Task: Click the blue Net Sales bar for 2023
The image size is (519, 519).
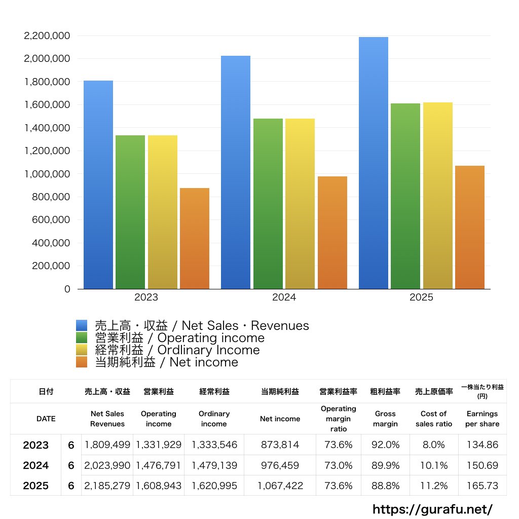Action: tap(98, 185)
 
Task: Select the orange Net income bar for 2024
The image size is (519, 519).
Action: tap(332, 233)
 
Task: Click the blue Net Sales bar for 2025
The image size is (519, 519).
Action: tap(374, 163)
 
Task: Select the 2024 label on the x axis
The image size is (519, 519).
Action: tap(284, 298)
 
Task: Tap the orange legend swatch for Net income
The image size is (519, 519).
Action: tap(82, 362)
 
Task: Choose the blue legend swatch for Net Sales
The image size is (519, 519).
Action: tap(82, 325)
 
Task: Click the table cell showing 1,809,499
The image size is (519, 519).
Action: tap(107, 445)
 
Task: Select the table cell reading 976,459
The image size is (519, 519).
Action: tap(280, 465)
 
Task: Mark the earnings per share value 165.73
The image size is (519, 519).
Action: tap(482, 486)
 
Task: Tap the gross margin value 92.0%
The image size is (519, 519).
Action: tap(385, 445)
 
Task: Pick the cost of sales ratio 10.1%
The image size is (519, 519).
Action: tap(433, 465)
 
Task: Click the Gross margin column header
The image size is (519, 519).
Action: tap(385, 419)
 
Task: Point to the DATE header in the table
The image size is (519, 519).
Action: tap(46, 419)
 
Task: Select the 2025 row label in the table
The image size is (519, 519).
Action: tap(36, 486)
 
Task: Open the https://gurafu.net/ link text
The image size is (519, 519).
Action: tap(432, 509)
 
